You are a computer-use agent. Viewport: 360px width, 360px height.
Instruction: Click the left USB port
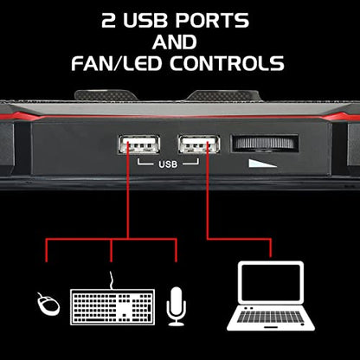pyautogui.click(x=139, y=144)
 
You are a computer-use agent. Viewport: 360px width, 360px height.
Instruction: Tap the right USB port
pyautogui.click(x=199, y=144)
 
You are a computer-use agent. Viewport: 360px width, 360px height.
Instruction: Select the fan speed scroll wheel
pyautogui.click(x=265, y=143)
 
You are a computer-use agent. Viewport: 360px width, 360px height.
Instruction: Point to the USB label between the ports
pyautogui.click(x=168, y=164)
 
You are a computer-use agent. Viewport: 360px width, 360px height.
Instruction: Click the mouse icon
pyautogui.click(x=48, y=304)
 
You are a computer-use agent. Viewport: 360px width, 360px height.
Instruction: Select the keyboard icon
pyautogui.click(x=112, y=307)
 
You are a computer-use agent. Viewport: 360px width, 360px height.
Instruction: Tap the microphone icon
pyautogui.click(x=176, y=306)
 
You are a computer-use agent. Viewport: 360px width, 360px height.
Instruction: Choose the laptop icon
pyautogui.click(x=271, y=296)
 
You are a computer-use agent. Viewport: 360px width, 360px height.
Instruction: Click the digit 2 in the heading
pyautogui.click(x=108, y=21)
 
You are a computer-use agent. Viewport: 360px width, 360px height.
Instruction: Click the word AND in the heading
pyautogui.click(x=175, y=42)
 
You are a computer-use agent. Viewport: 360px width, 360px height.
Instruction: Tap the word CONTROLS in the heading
pyautogui.click(x=227, y=63)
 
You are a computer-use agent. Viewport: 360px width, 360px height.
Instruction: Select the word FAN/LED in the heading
pyautogui.click(x=116, y=63)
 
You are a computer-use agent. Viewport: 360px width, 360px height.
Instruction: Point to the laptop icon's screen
pyautogui.click(x=271, y=282)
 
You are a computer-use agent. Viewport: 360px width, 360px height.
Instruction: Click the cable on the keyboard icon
pyautogui.click(x=112, y=280)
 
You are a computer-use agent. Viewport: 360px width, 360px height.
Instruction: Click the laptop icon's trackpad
pyautogui.click(x=271, y=327)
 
